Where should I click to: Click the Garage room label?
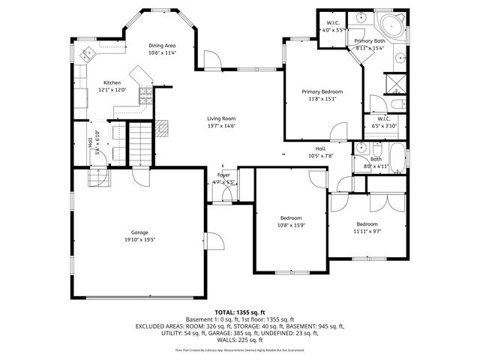[x=140, y=232]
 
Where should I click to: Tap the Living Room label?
[x=221, y=118]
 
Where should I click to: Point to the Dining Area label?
[x=161, y=45]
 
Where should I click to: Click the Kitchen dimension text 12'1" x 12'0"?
[x=112, y=90]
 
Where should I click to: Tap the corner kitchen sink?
[x=87, y=53]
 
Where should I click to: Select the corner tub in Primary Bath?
[x=393, y=22]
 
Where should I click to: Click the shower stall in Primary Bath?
[x=394, y=82]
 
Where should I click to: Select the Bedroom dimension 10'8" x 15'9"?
[x=291, y=225]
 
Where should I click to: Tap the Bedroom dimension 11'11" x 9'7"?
[x=367, y=231]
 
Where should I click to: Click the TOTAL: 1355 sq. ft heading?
[x=239, y=311]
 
